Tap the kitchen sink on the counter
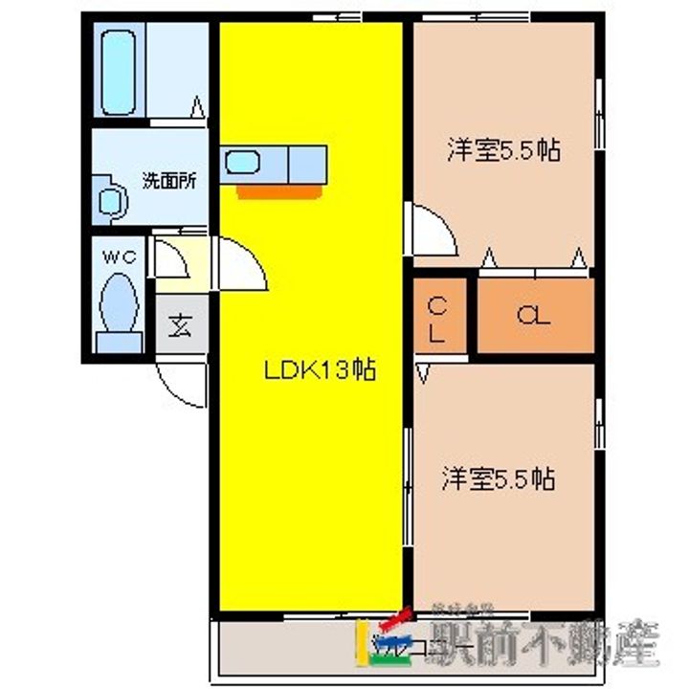tap(242, 164)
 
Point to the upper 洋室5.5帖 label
tap(502, 150)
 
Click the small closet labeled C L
tap(439, 319)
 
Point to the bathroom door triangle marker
tap(197, 107)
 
